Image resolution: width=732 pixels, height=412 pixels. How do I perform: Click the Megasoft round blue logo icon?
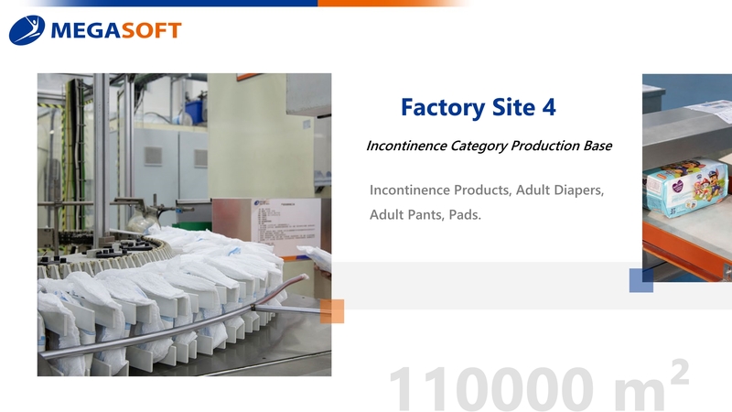click(x=27, y=30)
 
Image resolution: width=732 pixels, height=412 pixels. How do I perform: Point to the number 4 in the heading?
click(x=548, y=108)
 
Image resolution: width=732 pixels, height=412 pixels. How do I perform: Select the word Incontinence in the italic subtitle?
click(x=406, y=146)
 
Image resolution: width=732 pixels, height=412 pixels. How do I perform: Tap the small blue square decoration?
click(x=641, y=280)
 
